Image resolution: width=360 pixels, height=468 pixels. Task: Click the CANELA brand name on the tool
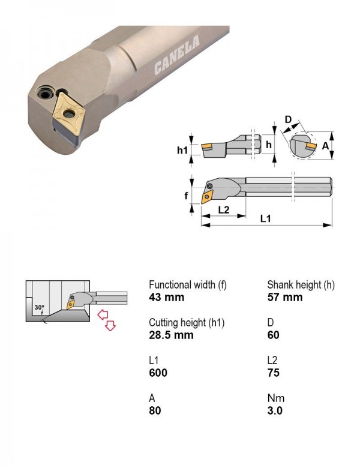[177, 55]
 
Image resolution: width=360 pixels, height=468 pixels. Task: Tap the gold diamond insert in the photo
[68, 113]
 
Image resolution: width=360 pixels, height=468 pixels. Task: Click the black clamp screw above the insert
[46, 94]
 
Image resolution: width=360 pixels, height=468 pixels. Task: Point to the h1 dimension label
[182, 150]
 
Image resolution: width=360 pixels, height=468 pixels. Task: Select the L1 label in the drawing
[265, 219]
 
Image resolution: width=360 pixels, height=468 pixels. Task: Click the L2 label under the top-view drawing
[224, 210]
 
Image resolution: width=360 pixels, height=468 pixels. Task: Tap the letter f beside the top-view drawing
[186, 196]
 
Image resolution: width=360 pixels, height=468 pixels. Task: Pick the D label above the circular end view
[288, 119]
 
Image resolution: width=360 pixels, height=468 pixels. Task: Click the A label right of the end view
[325, 146]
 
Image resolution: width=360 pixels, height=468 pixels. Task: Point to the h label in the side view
[269, 145]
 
